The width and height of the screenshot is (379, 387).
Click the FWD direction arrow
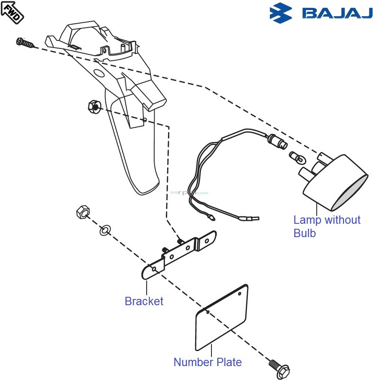point(12,11)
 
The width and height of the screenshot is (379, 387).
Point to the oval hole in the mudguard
point(99,74)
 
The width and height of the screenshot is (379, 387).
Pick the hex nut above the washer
point(82,212)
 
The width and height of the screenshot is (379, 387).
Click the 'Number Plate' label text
point(207,362)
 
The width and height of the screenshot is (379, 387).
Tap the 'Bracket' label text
point(144,301)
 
